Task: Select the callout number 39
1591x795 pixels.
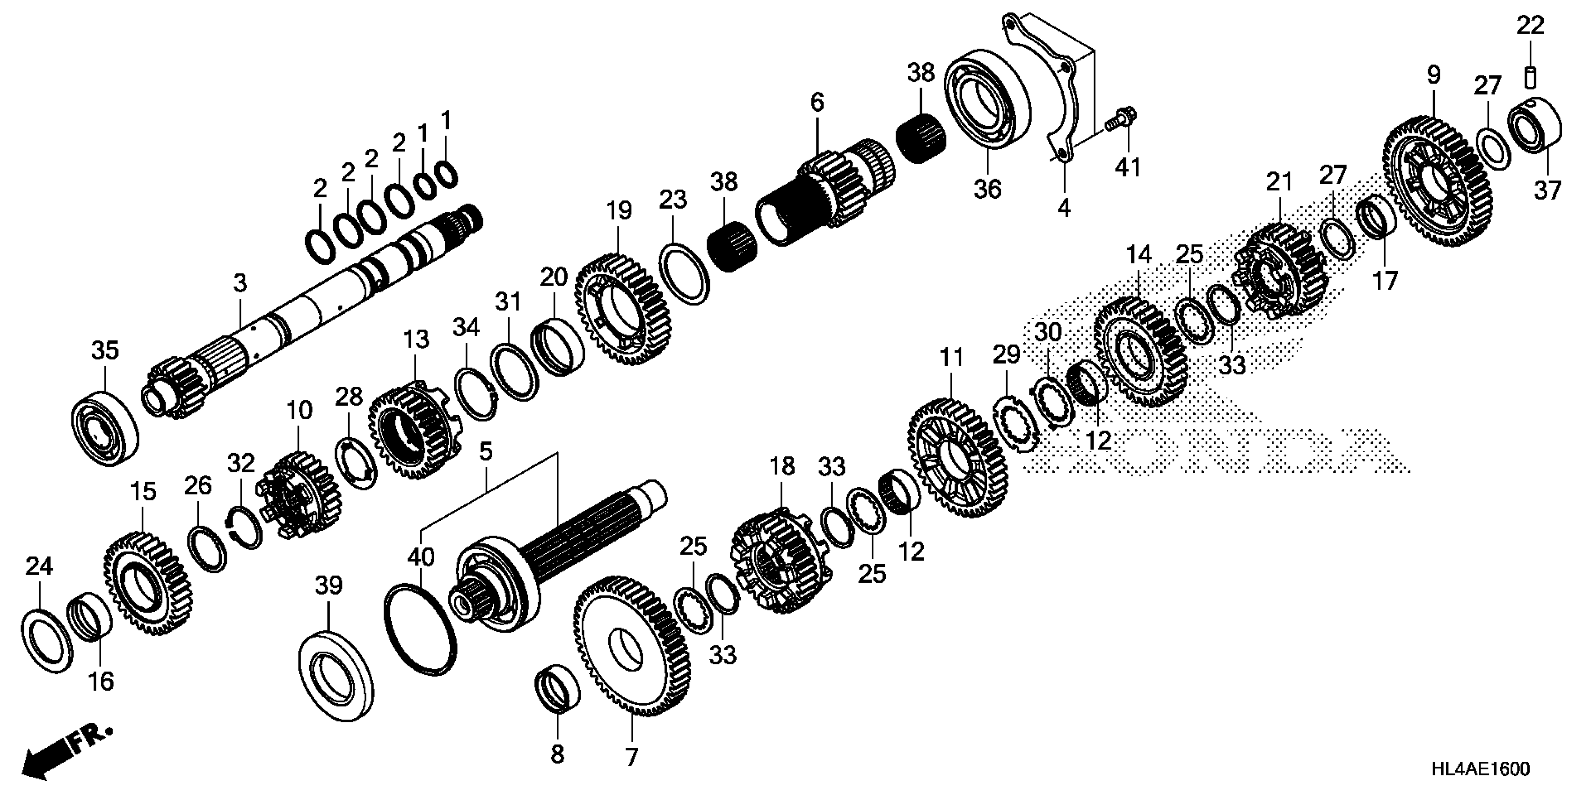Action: pyautogui.click(x=328, y=585)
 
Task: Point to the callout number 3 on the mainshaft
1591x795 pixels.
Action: pyautogui.click(x=240, y=283)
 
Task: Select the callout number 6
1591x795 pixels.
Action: pyautogui.click(x=817, y=102)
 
